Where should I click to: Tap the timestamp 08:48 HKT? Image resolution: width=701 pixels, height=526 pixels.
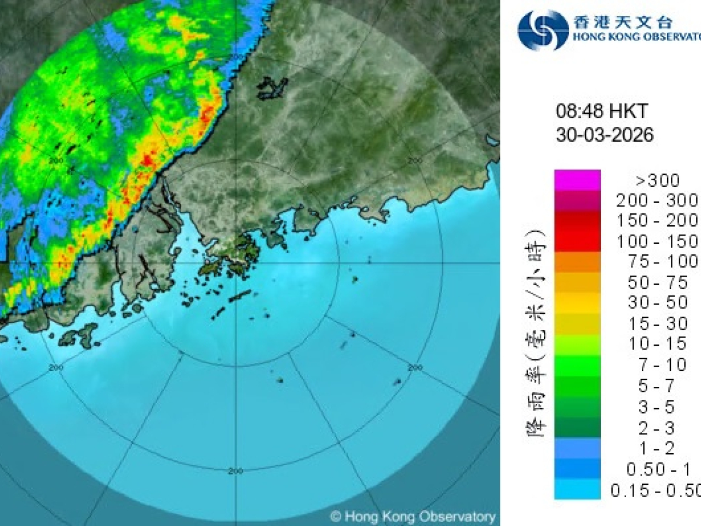(601, 111)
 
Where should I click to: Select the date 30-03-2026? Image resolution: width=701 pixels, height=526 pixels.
(605, 134)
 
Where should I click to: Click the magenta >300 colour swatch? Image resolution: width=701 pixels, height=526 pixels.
(577, 180)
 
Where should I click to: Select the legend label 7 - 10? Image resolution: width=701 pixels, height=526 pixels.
(662, 365)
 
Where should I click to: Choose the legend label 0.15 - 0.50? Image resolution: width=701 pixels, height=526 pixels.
(655, 490)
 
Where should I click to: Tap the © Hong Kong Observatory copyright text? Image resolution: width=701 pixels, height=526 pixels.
(413, 516)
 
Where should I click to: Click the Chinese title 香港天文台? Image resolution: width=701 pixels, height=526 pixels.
(622, 22)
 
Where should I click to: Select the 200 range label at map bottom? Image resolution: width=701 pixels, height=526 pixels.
(235, 471)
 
